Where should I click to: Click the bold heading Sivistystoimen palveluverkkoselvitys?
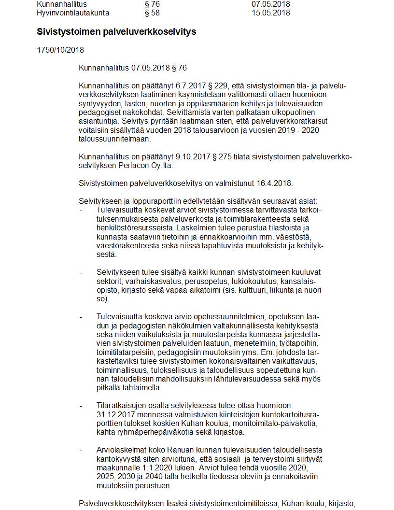pyautogui.click(x=116, y=32)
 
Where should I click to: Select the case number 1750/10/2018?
pyautogui.click(x=60, y=50)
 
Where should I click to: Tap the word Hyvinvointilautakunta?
pyautogui.click(x=73, y=13)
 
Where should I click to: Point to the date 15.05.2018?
pyautogui.click(x=270, y=13)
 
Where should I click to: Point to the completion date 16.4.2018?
pyautogui.click(x=275, y=184)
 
